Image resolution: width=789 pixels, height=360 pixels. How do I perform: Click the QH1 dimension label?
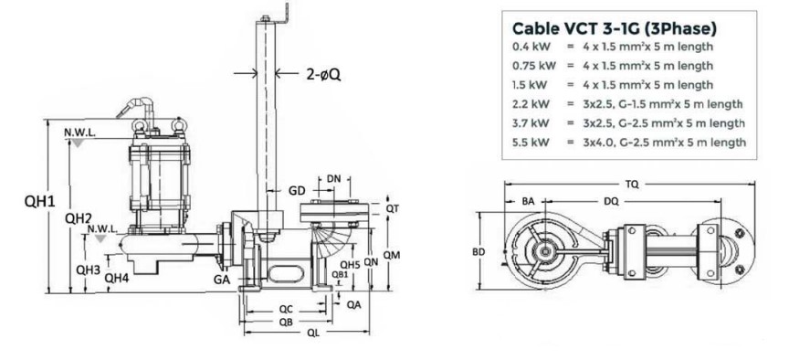(40, 201)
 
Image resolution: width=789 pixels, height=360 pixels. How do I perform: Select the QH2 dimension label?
(79, 218)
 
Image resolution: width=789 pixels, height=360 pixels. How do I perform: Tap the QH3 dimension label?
(88, 270)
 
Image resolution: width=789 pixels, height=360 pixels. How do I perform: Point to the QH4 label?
(117, 277)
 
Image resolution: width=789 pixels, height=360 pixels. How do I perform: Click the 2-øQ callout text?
(323, 75)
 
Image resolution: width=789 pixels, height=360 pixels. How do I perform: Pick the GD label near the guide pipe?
(297, 191)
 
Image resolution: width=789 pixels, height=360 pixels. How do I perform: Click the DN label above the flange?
(333, 179)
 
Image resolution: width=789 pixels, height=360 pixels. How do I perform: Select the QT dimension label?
(392, 208)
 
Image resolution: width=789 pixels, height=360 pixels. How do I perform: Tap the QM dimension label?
(392, 255)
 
